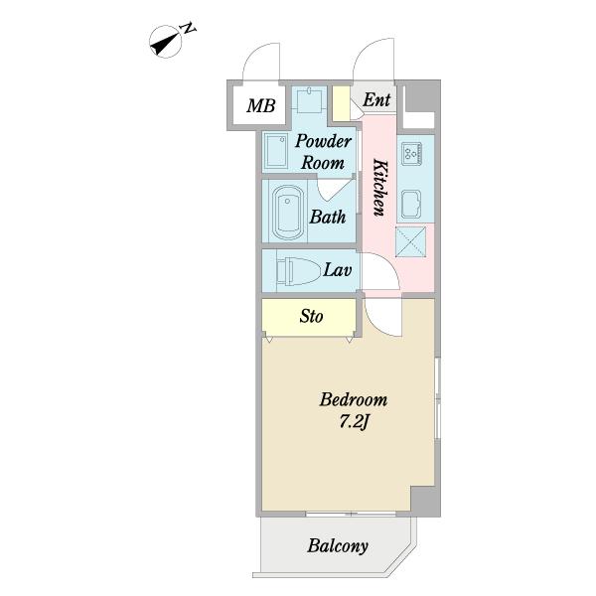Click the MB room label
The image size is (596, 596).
pos(260,105)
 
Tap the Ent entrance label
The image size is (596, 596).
pos(376,100)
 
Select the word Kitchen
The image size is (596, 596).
pos(380,188)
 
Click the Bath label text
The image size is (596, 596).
pos(328,217)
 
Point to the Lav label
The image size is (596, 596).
pos(337,270)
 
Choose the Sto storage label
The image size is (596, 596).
pos(311,316)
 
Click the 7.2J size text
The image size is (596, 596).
pos(355,422)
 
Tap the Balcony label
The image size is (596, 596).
pos(338,546)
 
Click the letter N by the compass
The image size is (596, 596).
pos(189,29)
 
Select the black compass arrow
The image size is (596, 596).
pos(165,43)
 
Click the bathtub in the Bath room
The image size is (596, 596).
pos(288,213)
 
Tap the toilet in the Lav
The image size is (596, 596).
pos(296,271)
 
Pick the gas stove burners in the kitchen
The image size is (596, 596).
pos(411,154)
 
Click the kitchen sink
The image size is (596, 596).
pos(411,204)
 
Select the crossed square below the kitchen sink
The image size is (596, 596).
pos(411,241)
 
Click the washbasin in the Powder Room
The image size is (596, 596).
pos(276,152)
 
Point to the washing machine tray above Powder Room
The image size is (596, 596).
pos(310,100)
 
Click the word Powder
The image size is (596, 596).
pos(323,141)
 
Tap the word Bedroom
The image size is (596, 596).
pos(354,400)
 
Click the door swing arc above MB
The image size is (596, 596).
pos(261,61)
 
